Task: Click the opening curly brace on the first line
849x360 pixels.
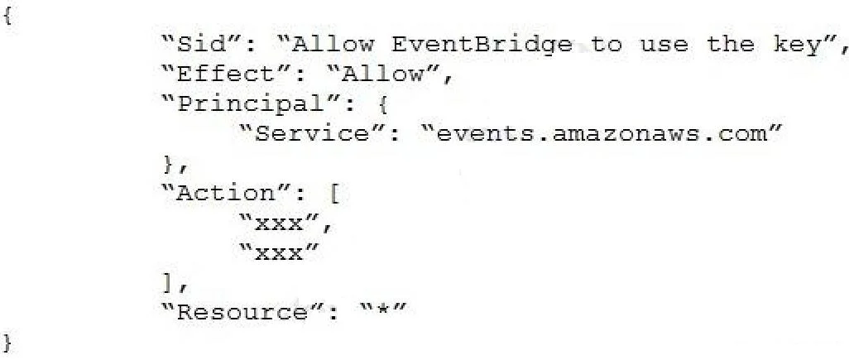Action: pos(7,17)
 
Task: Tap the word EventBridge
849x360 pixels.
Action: pos(482,45)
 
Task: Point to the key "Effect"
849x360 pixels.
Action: pos(227,74)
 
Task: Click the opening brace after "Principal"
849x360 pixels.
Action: pos(383,104)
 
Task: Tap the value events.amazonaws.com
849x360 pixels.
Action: pos(601,133)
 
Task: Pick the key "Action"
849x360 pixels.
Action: pos(227,193)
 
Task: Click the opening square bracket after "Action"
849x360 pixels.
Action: pos(334,193)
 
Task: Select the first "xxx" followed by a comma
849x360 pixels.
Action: pos(279,223)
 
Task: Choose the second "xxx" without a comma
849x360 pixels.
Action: pos(279,252)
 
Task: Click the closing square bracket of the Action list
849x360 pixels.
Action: pos(167,283)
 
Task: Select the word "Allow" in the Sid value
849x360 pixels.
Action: pos(332,44)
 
